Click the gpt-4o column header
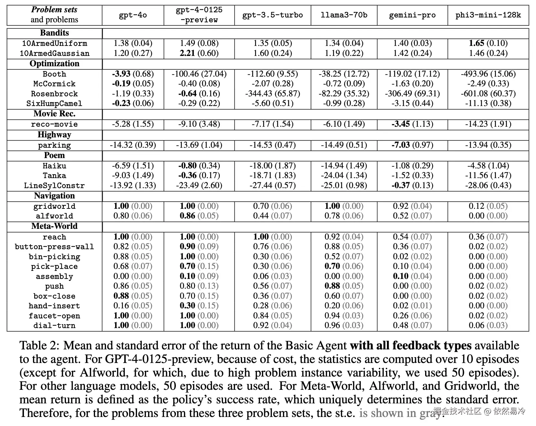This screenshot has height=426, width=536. pyautogui.click(x=133, y=15)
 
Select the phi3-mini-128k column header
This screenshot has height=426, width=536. pyautogui.click(x=488, y=15)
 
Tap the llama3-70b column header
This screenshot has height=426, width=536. pyautogui.click(x=344, y=15)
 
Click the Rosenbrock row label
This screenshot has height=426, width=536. pyautogui.click(x=54, y=94)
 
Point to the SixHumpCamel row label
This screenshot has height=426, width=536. pyautogui.click(x=54, y=103)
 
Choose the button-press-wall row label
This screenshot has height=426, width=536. pyautogui.click(x=54, y=247)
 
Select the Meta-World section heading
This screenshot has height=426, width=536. pyautogui.click(x=54, y=226)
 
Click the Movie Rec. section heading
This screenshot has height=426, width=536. pyautogui.click(x=54, y=114)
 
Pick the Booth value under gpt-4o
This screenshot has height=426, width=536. pyautogui.click(x=133, y=74)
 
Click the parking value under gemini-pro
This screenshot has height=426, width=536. pyautogui.click(x=412, y=145)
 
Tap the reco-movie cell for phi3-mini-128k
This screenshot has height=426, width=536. pyautogui.click(x=488, y=124)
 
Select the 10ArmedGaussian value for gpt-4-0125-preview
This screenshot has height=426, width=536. pyautogui.click(x=199, y=53)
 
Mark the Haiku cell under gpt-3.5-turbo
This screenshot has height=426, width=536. pyautogui.click(x=273, y=166)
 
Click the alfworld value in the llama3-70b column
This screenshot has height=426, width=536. pyautogui.click(x=344, y=216)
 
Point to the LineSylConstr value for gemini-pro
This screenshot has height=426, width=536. pyautogui.click(x=412, y=186)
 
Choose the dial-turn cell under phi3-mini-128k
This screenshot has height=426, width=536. pyautogui.click(x=488, y=325)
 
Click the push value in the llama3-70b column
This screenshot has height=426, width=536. pyautogui.click(x=344, y=286)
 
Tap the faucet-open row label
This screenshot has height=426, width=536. pyautogui.click(x=54, y=316)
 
